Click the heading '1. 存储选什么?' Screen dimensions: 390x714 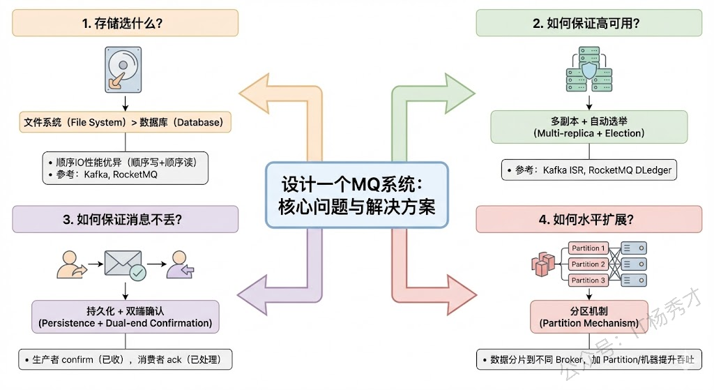click(x=126, y=23)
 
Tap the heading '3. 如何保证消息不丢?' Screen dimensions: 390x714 click(x=126, y=220)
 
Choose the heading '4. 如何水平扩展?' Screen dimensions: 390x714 click(x=589, y=220)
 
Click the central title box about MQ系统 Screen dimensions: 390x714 click(x=356, y=195)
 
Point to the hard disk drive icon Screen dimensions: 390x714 click(x=124, y=68)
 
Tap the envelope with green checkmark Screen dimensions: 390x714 click(x=125, y=264)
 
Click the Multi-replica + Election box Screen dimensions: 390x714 click(x=589, y=127)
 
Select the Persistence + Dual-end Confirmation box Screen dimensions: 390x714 click(x=126, y=317)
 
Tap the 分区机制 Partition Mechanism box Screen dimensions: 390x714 click(x=589, y=317)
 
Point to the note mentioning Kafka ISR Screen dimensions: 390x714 click(x=589, y=170)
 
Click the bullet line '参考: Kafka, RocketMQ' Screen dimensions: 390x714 click(x=108, y=174)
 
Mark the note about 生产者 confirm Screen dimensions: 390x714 click(x=126, y=359)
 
